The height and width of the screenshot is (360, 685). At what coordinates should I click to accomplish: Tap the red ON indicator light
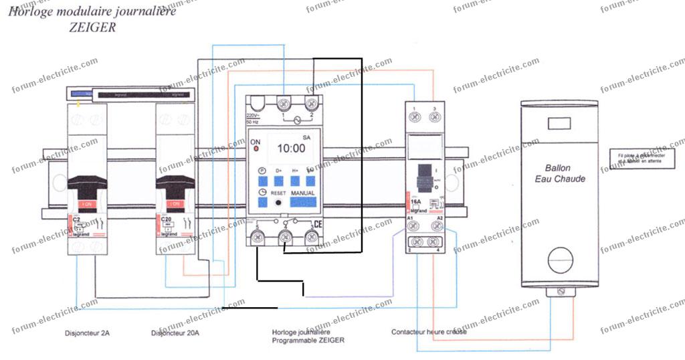coord(256,149)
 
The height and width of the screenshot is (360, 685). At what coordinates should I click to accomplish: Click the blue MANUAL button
coord(302,193)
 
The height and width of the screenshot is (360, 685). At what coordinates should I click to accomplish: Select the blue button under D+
coord(279,181)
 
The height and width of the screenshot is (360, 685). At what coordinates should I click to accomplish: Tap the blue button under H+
coord(295,181)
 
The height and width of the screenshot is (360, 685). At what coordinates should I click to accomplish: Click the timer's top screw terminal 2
coord(310,104)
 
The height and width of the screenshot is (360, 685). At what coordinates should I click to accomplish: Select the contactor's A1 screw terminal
coord(415,227)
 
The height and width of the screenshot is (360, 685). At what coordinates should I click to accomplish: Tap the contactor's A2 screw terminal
coord(437,227)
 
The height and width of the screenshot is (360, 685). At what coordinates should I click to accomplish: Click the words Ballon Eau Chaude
coord(560,173)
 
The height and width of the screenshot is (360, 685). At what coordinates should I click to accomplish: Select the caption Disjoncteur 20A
coord(175,333)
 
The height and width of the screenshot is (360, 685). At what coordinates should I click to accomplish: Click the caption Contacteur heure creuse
coord(429,331)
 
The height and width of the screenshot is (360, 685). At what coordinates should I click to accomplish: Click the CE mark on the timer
coord(318,225)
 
